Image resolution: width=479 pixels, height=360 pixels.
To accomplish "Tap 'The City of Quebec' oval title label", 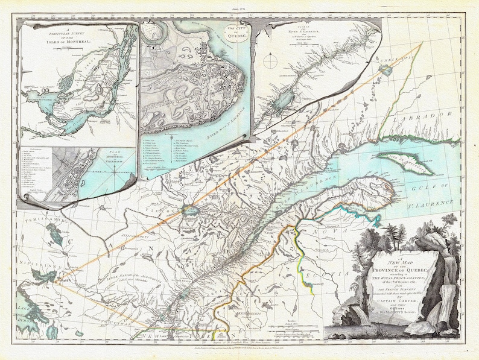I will point(232,30).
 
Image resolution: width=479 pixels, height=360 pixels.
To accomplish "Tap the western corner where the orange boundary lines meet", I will point(55,281).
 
